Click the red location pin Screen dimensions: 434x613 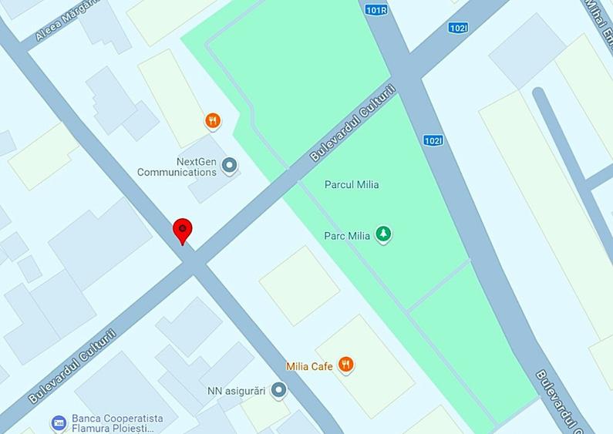tap(182, 230)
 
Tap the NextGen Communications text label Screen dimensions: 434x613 tap(177, 167)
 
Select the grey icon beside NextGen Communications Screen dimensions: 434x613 tap(228, 164)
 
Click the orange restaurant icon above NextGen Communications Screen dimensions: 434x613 tap(213, 120)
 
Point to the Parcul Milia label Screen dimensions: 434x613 tap(352, 185)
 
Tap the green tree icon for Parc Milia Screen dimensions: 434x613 tap(383, 234)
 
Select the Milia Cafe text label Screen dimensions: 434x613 tap(309, 366)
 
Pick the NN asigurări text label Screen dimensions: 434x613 tap(237, 391)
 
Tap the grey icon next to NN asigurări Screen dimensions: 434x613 tap(279, 391)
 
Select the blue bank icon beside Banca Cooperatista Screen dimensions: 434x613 tap(59, 423)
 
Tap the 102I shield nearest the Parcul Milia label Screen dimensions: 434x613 tap(433, 140)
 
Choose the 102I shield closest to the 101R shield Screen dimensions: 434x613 tap(458, 28)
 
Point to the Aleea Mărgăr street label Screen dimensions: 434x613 tap(68, 20)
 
